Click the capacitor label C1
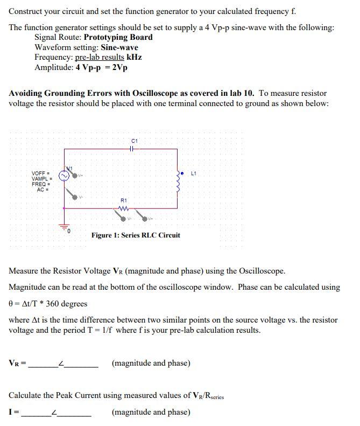tap(135, 142)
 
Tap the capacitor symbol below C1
tap(134, 149)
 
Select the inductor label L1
tap(195, 173)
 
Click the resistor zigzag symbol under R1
tap(125, 208)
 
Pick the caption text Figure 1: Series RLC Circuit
tap(136, 235)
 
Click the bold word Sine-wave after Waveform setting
tap(119, 47)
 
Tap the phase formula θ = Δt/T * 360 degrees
tap(48, 304)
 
